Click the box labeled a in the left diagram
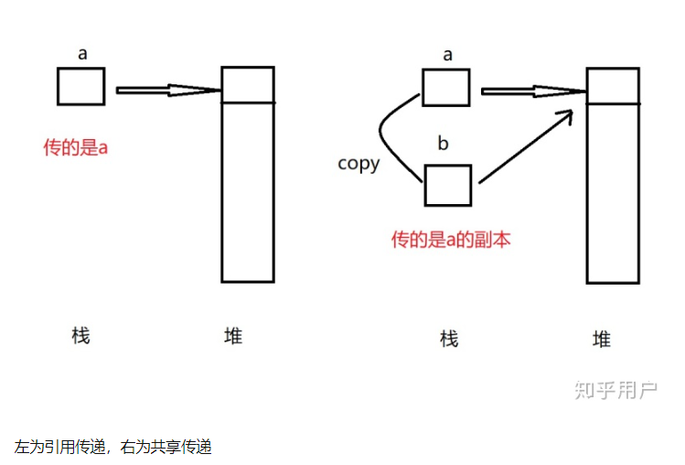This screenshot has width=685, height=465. coord(81,86)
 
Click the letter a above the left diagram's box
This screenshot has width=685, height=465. coord(82,54)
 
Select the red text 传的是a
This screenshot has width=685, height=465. coord(76,146)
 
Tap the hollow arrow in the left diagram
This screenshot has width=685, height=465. coord(169,90)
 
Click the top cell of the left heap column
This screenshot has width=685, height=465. coord(247,84)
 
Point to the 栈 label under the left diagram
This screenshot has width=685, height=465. coord(80,335)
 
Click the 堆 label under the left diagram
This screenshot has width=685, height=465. coord(233,335)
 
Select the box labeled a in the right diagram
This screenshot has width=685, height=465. coord(446,88)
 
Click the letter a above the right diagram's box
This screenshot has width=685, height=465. coord(447,56)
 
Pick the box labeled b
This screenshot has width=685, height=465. coord(448,185)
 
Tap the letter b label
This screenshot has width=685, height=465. coord(444,144)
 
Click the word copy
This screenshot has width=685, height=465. coord(359,164)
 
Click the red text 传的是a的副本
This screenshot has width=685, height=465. coord(451,240)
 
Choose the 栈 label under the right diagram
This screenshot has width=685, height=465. coord(448,340)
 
